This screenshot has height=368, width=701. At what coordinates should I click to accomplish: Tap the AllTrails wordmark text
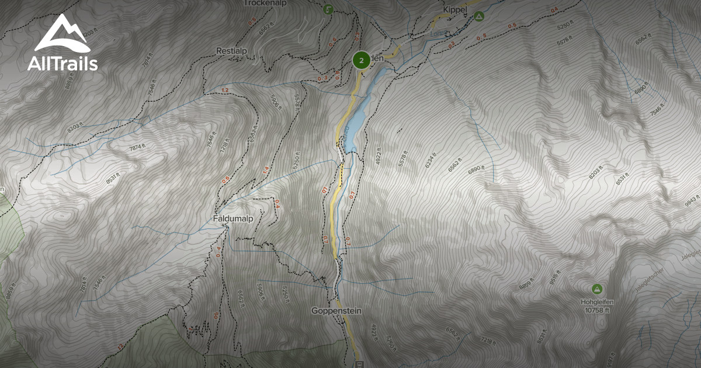click(x=62, y=64)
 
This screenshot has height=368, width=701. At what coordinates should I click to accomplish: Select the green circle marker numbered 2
click(x=361, y=60)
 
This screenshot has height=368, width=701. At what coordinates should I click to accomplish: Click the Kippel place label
click(x=456, y=11)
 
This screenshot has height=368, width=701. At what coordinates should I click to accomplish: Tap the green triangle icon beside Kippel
click(x=478, y=16)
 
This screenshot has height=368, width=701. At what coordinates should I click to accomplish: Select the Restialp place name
click(x=232, y=51)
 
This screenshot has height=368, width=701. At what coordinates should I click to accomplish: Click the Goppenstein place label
click(x=336, y=311)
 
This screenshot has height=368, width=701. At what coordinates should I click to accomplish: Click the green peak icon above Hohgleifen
click(x=596, y=289)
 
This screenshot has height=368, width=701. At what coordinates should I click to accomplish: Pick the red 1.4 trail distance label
click(x=265, y=170)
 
